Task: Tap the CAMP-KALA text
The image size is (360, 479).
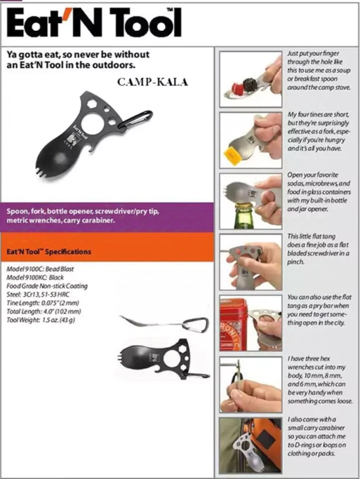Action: point(152,82)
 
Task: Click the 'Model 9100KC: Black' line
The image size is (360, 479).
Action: point(35,278)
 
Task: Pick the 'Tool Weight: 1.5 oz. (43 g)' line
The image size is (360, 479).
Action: point(41,320)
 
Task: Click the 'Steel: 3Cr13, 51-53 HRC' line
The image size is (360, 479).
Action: point(38,295)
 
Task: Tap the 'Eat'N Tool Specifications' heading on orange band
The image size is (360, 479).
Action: point(49,252)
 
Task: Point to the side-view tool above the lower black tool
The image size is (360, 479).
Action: point(165,323)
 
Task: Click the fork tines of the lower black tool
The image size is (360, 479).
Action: point(123,356)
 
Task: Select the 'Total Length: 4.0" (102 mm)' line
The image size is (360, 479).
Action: point(44,311)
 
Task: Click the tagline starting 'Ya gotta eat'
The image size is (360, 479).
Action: point(78,60)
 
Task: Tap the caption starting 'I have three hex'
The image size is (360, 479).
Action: point(320,379)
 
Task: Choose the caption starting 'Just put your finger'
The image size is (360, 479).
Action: point(319,70)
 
